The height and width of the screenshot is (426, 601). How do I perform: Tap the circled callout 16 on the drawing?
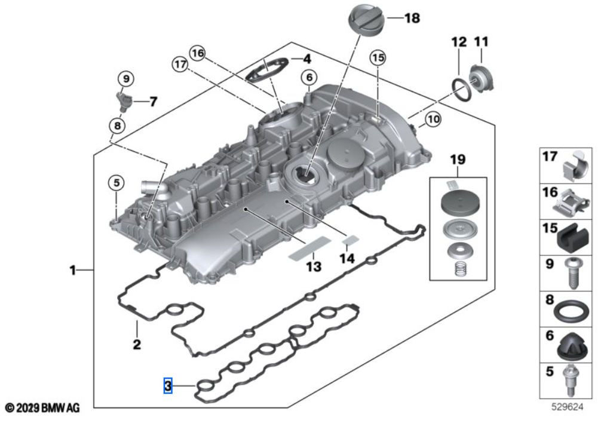pyautogui.click(x=198, y=53)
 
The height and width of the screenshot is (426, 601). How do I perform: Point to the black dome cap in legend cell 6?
pyautogui.click(x=571, y=345)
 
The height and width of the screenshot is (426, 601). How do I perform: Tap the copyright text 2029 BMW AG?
pyautogui.click(x=42, y=407)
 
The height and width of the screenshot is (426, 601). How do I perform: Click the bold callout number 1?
pyautogui.click(x=72, y=271)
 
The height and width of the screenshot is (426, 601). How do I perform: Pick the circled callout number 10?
pyautogui.click(x=433, y=120)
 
